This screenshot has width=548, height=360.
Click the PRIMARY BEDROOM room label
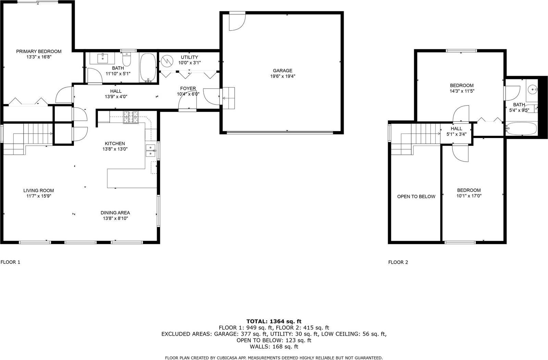[x=39, y=51]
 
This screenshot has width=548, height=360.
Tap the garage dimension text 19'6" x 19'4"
[x=283, y=76]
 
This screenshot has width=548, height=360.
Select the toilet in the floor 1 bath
[x=127, y=59]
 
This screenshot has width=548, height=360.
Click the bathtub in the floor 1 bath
[x=148, y=68]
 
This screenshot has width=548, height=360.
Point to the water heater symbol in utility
[x=167, y=61]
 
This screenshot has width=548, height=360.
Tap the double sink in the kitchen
[x=150, y=150]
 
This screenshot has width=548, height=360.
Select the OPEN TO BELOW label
[x=416, y=197]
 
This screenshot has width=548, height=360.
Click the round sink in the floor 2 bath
[x=533, y=90]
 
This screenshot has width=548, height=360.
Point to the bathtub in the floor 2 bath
[x=521, y=129]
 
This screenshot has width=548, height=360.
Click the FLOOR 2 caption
[x=398, y=262]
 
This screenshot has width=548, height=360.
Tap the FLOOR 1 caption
[x=10, y=262]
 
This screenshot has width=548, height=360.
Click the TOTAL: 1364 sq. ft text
[x=274, y=321]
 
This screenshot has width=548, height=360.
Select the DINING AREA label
[x=115, y=213]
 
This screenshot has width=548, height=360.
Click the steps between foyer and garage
[x=229, y=98]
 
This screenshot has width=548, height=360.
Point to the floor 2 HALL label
[x=456, y=128]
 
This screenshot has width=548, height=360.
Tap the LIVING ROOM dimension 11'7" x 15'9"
[x=38, y=196]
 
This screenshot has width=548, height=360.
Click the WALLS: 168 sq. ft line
[x=274, y=347]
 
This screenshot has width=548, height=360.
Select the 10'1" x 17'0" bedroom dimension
[x=469, y=196]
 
